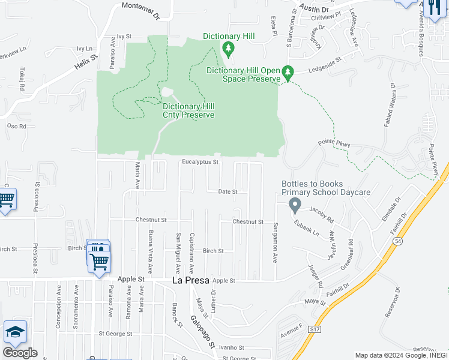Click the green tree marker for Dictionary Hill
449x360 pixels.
click(228, 48)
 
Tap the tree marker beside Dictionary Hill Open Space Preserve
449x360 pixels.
click(288, 73)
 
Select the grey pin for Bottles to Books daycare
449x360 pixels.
click(295, 205)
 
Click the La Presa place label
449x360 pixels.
click(188, 280)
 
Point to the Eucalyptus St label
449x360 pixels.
click(200, 162)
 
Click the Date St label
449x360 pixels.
click(228, 192)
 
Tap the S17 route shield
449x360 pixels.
click(315, 330)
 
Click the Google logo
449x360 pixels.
click(20, 353)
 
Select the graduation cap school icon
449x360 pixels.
click(15, 332)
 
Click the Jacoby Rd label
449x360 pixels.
click(321, 211)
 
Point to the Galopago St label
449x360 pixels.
click(203, 332)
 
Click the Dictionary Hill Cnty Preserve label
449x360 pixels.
click(172, 110)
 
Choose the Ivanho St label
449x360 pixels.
click(231, 347)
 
